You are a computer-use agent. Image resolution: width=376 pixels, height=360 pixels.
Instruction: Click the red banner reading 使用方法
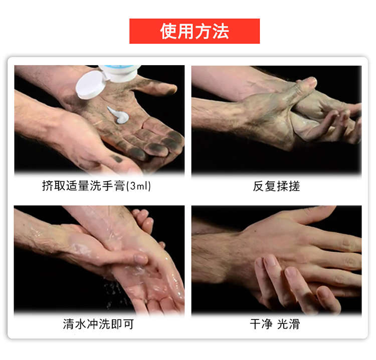tap(195, 31)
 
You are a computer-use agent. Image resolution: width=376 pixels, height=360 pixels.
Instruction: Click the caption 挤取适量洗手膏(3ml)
tap(96, 186)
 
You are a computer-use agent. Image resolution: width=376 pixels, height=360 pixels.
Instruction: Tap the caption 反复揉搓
tap(276, 186)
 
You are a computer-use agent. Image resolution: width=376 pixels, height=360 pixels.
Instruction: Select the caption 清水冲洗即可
tap(98, 324)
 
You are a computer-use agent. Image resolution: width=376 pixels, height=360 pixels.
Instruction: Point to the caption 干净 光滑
tap(275, 324)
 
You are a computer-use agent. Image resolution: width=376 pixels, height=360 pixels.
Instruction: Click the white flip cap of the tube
tap(90, 85)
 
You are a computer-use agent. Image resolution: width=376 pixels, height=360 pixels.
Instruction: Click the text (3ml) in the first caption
tap(138, 186)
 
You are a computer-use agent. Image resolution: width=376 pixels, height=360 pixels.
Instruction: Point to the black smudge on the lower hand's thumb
tap(116, 158)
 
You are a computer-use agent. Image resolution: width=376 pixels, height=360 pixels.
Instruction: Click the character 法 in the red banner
tap(221, 32)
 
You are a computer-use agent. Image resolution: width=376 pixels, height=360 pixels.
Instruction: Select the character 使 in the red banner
tap(168, 32)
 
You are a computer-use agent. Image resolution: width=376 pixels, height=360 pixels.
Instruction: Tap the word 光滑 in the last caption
tap(288, 324)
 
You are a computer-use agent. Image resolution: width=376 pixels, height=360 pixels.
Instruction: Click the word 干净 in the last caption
tap(261, 324)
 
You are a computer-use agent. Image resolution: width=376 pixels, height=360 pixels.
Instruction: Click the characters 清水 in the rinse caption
tap(75, 324)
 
